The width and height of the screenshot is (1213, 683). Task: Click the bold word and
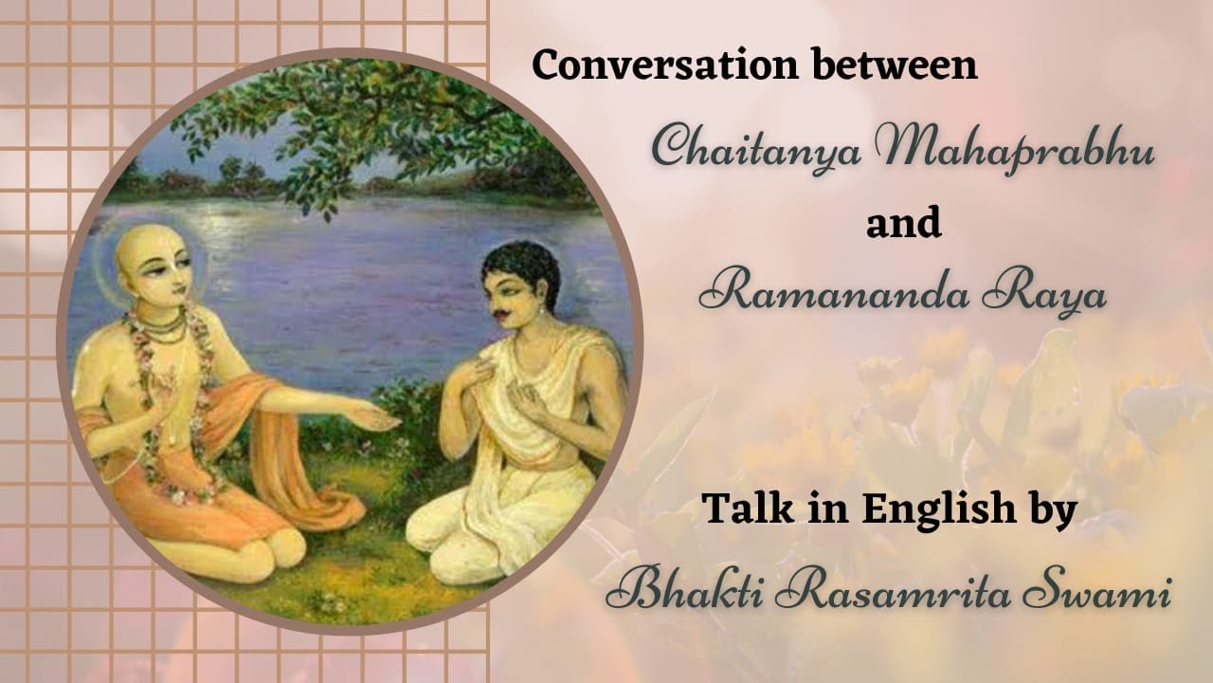[x=903, y=225]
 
